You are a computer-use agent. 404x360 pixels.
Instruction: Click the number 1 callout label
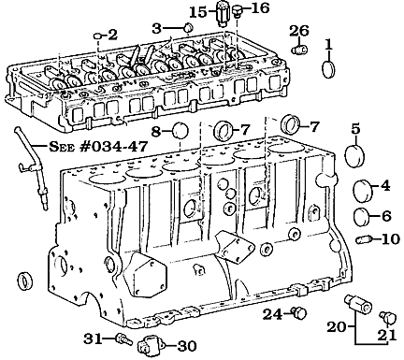(328, 43)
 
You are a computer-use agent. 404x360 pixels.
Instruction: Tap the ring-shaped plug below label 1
(328, 70)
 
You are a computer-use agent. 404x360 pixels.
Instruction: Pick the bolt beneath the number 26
(299, 50)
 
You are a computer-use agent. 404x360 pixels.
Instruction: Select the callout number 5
(355, 127)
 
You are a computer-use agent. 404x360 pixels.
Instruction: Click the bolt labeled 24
(297, 312)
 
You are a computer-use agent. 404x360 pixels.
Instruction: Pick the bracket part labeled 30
(147, 347)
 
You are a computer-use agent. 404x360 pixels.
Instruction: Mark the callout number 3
(157, 28)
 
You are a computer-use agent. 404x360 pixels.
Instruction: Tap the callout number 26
(298, 31)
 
